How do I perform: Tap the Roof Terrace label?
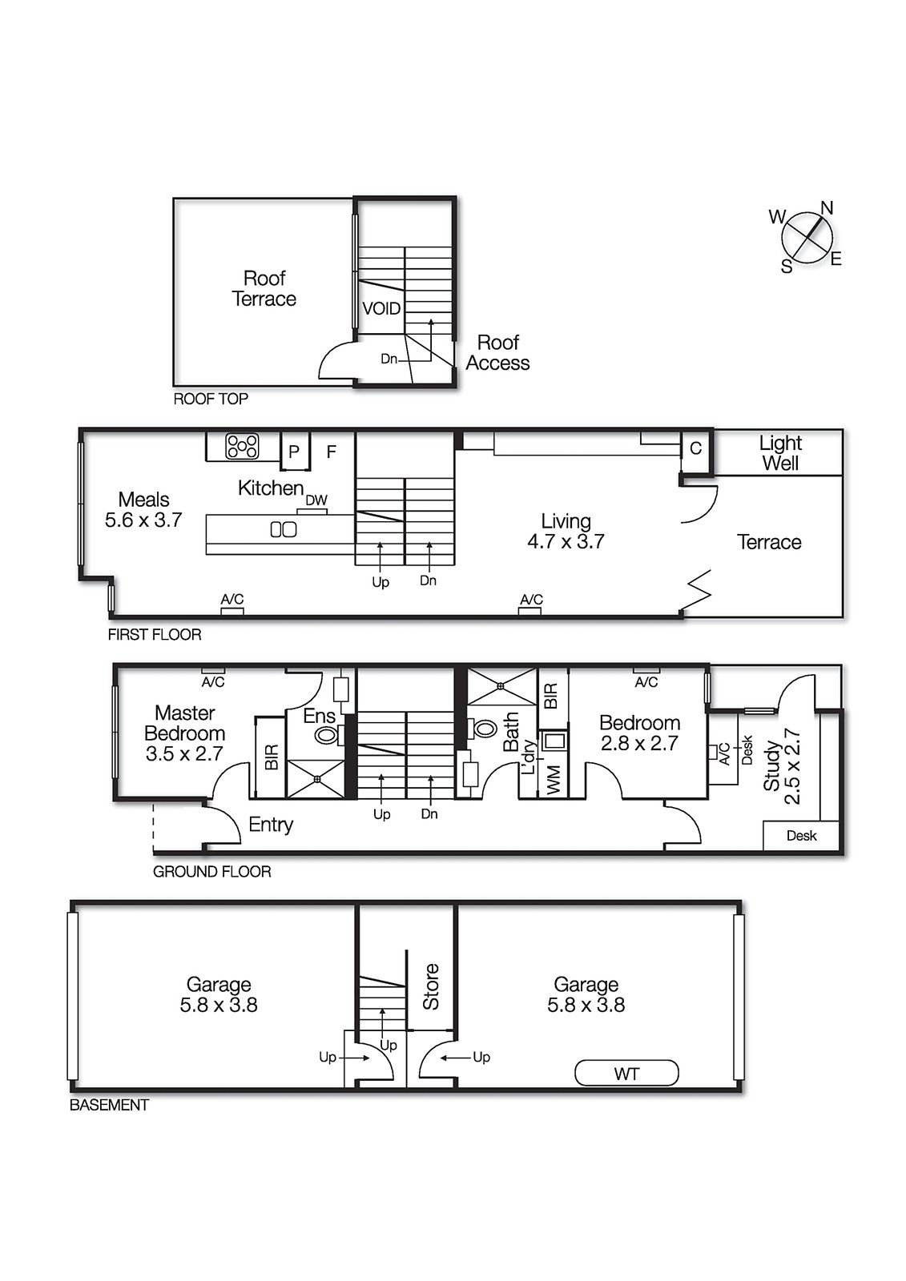point(264,289)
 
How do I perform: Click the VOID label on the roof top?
point(381,309)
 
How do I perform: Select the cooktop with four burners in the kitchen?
point(242,446)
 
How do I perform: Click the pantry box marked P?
point(294,452)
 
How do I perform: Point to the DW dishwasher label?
point(316,500)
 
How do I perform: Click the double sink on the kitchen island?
point(284,529)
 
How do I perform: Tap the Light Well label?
point(780,453)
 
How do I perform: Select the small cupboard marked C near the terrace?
point(695,449)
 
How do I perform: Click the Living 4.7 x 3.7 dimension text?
point(566,542)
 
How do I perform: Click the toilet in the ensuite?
point(328,734)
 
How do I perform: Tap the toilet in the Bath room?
point(483,729)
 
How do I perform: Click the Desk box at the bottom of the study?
point(801,836)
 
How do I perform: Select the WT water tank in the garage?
point(626,1074)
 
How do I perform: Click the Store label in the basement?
point(431,986)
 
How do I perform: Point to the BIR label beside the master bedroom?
point(271,757)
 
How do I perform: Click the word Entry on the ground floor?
point(271,825)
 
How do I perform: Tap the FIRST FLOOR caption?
point(155,635)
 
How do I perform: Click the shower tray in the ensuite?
point(316,779)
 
